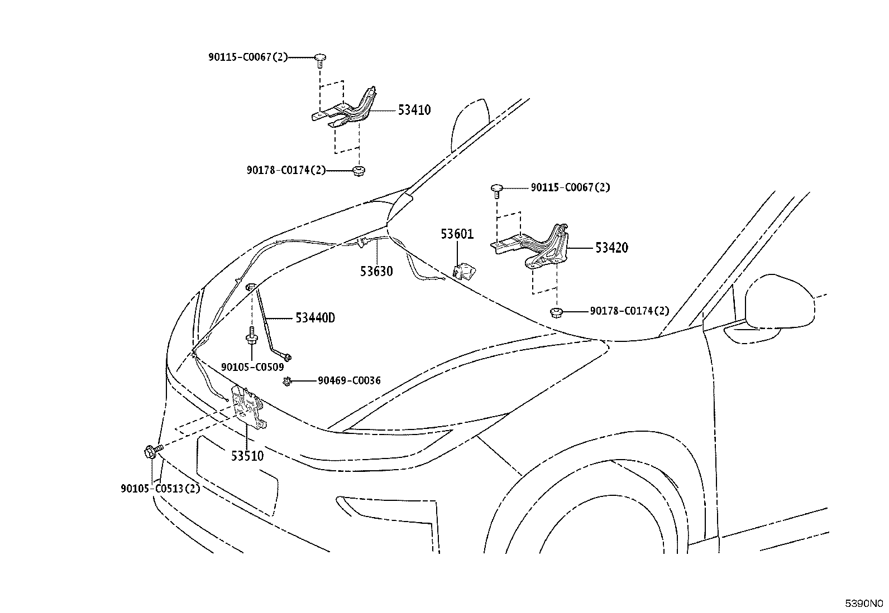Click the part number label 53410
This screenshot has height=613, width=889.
coord(414,110)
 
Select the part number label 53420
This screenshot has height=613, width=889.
coord(611,248)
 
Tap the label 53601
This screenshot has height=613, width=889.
coord(457,234)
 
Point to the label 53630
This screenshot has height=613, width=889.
coord(376,271)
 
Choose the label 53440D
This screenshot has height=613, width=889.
coord(316,317)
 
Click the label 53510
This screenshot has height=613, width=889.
coord(247,456)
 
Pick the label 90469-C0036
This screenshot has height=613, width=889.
coord(349,380)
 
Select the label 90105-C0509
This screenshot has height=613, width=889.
coord(252,367)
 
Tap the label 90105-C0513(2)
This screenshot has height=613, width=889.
coord(160,489)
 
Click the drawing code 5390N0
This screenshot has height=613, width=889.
coord(863,604)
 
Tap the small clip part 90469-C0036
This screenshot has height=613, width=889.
coord(287,382)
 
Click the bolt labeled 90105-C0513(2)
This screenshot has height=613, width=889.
coord(153,451)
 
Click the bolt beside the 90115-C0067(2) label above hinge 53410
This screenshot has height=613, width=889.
coord(319,60)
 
